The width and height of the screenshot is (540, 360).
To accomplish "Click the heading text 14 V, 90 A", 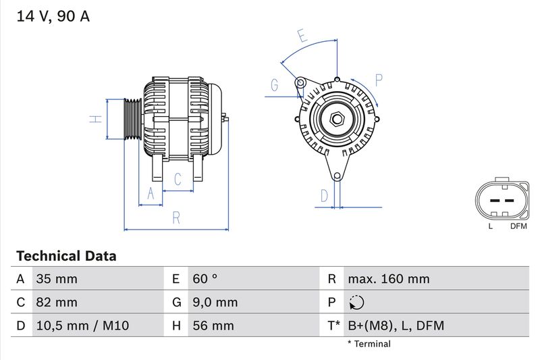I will (53, 17).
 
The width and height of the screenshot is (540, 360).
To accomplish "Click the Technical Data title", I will (66, 256).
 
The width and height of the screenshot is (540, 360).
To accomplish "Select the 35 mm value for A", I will (57, 279).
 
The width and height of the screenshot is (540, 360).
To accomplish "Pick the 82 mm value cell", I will (57, 302).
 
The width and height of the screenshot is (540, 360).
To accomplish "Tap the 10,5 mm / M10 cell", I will (82, 326).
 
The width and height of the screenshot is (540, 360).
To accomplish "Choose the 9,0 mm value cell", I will (215, 302).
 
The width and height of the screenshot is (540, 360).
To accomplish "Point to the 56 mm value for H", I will (213, 326).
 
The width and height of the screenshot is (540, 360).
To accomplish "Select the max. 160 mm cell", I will (388, 279).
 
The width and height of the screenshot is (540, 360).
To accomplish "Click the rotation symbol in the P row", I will (357, 303).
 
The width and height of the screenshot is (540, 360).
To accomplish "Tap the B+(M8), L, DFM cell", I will (396, 326).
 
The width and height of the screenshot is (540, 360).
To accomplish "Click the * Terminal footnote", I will (369, 344).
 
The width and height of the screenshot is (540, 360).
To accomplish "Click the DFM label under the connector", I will (518, 226).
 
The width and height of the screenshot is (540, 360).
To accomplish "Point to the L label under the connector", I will (491, 226).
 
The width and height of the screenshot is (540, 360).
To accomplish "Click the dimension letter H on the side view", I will (96, 120).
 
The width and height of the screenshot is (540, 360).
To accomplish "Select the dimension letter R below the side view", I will (175, 217).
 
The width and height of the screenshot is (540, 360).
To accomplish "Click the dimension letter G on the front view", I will (275, 85).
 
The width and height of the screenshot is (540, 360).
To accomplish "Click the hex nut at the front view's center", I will (337, 120).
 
